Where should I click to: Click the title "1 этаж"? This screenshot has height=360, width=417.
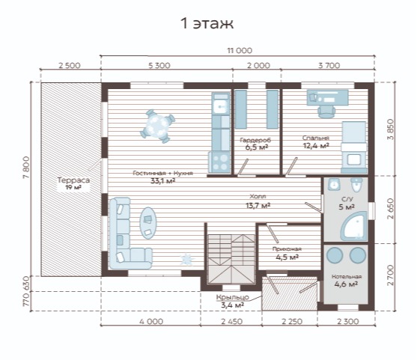(x=207, y=23)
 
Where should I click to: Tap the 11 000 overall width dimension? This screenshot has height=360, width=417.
(x=240, y=50)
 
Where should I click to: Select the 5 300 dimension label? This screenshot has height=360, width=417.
(x=159, y=65)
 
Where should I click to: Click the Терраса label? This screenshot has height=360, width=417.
(x=73, y=180)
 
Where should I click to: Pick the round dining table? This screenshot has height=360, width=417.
(x=158, y=126)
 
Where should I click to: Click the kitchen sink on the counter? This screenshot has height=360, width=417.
(x=220, y=107)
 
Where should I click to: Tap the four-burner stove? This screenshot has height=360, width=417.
(x=220, y=162)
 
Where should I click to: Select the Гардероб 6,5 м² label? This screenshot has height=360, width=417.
(x=255, y=144)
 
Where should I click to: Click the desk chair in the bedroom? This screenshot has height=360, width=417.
(x=326, y=111)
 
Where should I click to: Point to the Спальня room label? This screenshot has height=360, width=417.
(x=316, y=138)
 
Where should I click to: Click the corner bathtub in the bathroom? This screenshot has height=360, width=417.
(x=354, y=227)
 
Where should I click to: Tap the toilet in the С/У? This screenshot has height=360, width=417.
(x=356, y=184)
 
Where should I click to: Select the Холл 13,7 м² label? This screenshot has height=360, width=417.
(x=258, y=201)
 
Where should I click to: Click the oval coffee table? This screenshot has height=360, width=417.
(x=148, y=223)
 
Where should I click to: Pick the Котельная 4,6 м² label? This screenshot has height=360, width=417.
(x=347, y=281)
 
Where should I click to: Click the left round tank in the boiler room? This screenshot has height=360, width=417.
(x=335, y=255)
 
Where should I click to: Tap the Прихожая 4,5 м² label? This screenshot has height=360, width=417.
(x=287, y=253)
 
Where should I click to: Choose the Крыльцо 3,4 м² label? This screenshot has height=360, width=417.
(x=232, y=301)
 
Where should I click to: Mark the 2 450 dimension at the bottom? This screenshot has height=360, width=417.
(x=231, y=321)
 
